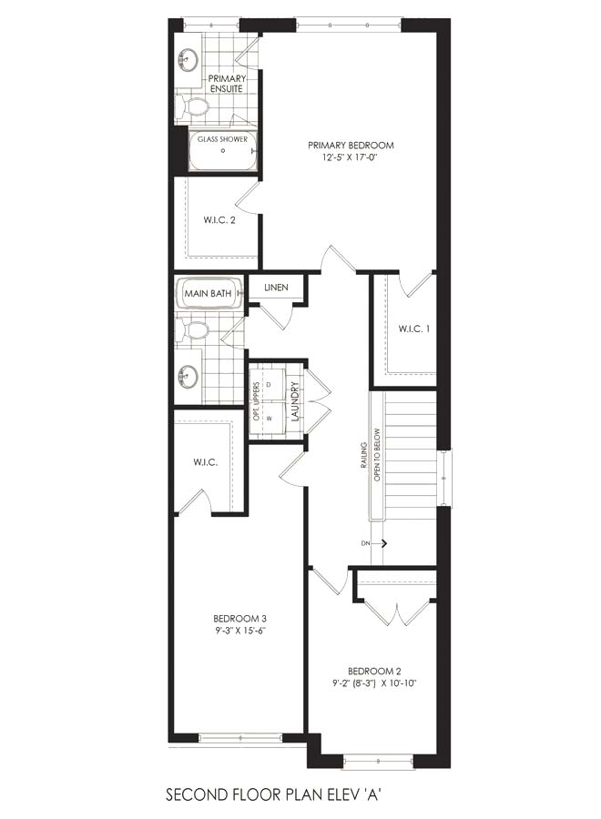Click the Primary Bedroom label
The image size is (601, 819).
[351, 146]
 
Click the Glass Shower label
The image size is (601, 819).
[222, 139]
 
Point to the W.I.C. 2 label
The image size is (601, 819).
[219, 220]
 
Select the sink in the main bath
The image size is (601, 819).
[187, 376]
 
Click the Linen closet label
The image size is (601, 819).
[276, 288]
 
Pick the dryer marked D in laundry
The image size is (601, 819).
[268, 384]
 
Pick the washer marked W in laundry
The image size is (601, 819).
[268, 418]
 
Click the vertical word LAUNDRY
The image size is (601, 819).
[295, 401]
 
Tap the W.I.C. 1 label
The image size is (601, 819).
[414, 329]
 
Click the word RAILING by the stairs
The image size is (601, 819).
[364, 455]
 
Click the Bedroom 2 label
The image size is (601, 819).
[374, 672]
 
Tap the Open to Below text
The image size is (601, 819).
[377, 454]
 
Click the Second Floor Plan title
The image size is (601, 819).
[273, 795]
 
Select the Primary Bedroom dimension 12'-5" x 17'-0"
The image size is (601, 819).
[351, 157]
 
